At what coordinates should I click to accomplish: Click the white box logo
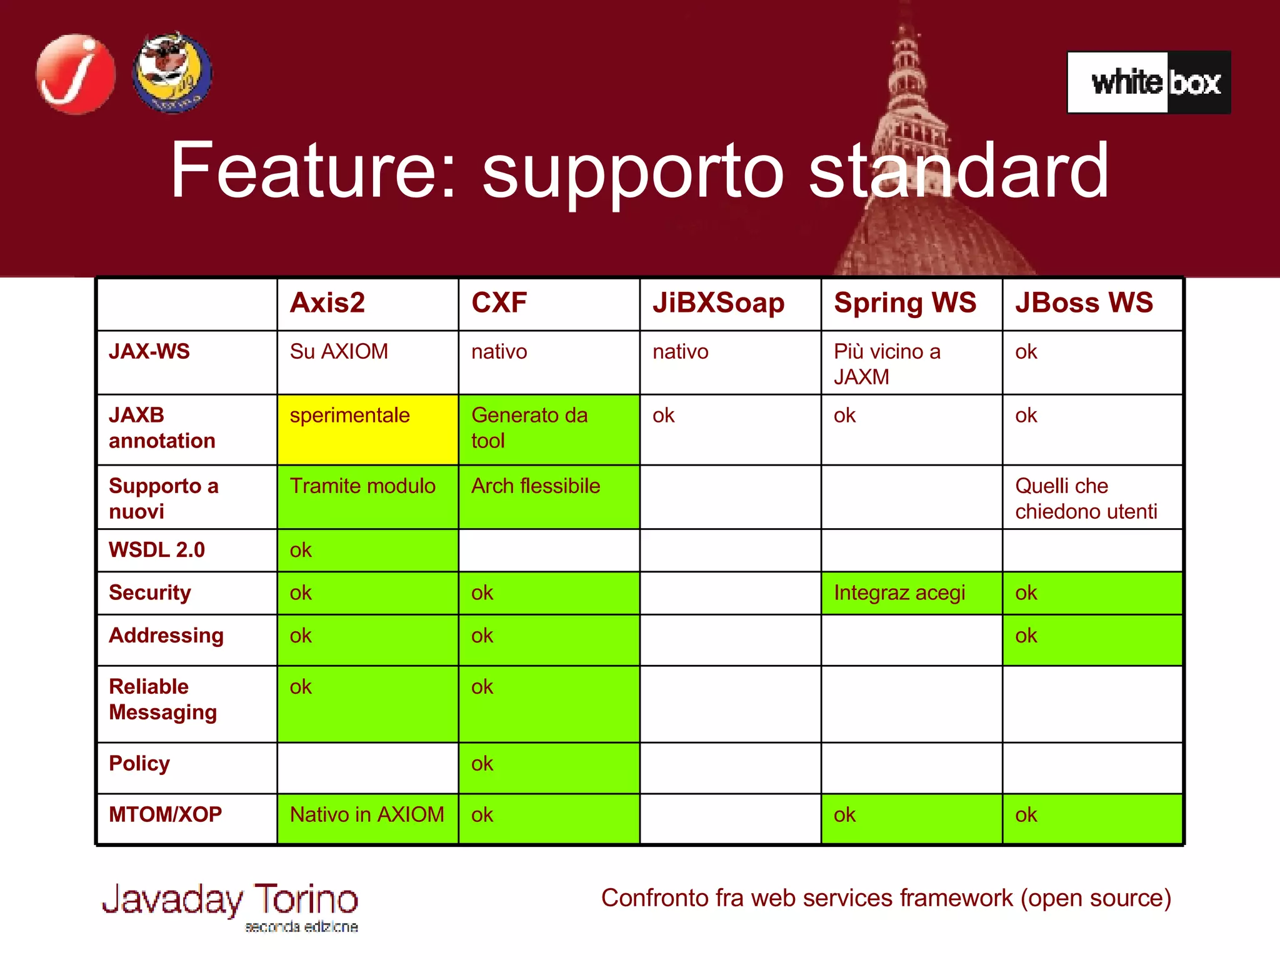[x=1149, y=82]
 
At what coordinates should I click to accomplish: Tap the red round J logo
[x=76, y=74]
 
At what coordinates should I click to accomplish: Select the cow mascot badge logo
[x=172, y=73]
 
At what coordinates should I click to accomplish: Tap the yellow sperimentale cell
[x=367, y=429]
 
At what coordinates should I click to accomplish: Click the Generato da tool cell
[x=548, y=429]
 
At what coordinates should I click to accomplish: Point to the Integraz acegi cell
[x=911, y=592]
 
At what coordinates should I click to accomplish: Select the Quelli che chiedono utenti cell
[x=1091, y=498]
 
